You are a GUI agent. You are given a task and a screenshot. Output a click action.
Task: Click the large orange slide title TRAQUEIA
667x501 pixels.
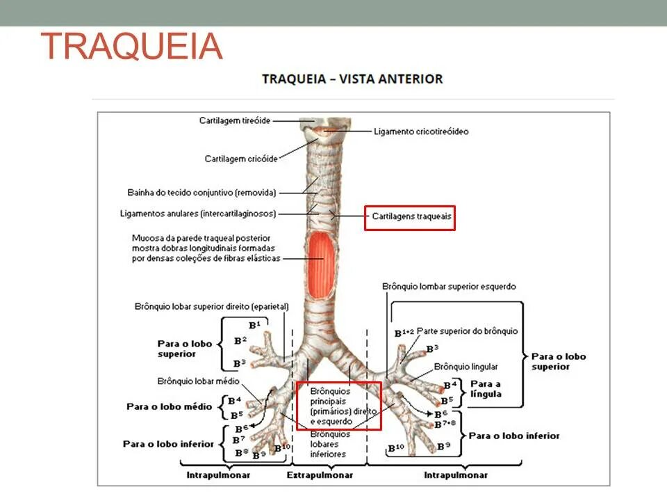[x=132, y=46]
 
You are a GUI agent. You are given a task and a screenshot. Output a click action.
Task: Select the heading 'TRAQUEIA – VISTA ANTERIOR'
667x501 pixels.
[x=352, y=79]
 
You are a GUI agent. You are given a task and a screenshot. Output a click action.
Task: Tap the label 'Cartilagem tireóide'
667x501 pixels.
[x=235, y=120]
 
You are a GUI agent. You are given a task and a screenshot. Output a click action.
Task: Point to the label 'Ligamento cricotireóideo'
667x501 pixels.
[x=421, y=131]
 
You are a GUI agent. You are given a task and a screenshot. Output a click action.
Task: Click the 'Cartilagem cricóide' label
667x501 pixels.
[x=241, y=159]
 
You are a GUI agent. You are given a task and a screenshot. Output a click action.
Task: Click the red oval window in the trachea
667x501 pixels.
[x=321, y=257]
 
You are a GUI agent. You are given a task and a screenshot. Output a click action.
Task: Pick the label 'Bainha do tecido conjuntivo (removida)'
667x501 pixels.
[x=201, y=192]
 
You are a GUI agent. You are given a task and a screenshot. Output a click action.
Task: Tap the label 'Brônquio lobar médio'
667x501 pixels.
[x=199, y=381]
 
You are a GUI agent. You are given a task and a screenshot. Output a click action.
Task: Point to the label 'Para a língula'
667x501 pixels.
[x=486, y=388]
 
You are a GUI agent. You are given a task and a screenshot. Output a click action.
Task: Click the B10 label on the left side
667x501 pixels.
[x=281, y=447]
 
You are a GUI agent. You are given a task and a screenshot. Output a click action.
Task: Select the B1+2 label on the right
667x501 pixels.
[x=404, y=333]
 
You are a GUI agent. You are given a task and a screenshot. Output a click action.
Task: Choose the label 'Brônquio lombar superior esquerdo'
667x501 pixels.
[x=449, y=286]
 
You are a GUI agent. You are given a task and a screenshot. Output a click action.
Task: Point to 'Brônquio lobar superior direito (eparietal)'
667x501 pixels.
[x=212, y=306]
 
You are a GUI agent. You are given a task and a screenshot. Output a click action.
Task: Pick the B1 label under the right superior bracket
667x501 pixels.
[x=254, y=325]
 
